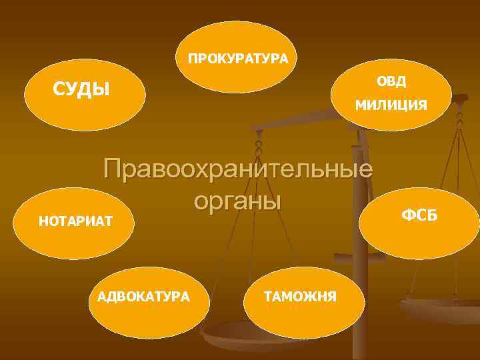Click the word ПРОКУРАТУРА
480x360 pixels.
[238, 59]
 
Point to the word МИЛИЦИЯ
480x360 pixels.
[391, 105]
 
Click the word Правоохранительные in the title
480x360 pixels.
[238, 168]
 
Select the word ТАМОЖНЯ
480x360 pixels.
[301, 295]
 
